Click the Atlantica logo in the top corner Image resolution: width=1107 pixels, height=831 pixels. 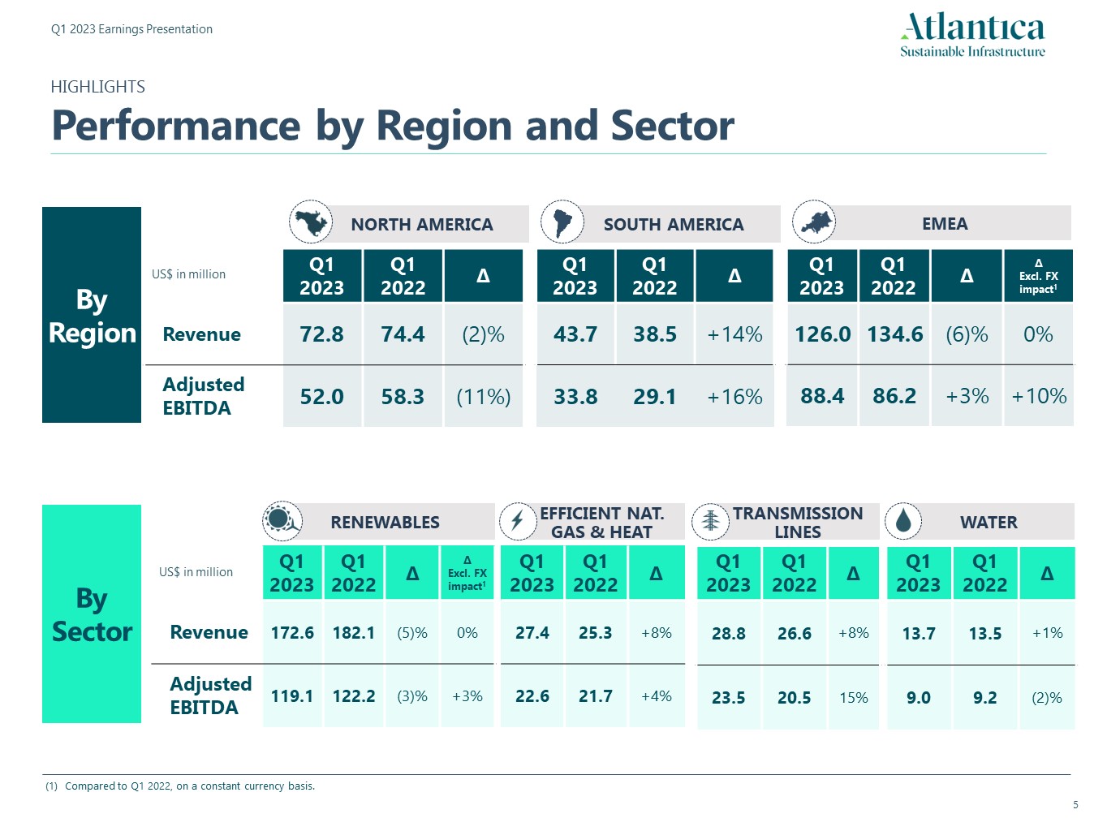click(x=972, y=35)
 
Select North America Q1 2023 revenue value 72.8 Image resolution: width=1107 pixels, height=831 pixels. click(x=322, y=334)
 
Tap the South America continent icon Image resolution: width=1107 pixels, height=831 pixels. click(x=562, y=222)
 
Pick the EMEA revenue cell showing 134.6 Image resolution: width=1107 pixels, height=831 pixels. click(x=894, y=334)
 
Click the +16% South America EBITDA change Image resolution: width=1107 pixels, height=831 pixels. click(x=734, y=397)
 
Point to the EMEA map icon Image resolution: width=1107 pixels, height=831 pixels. click(x=813, y=222)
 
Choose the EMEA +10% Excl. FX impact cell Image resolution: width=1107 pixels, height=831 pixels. click(x=1039, y=396)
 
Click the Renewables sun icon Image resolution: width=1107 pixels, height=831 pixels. click(x=282, y=520)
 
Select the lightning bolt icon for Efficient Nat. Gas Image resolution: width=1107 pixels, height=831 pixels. click(x=517, y=521)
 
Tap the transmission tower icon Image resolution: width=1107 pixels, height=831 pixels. click(x=710, y=521)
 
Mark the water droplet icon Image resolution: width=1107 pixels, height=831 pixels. click(x=903, y=521)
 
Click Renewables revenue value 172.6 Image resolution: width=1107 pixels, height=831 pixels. click(x=292, y=633)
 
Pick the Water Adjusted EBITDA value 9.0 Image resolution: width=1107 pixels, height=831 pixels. click(x=919, y=698)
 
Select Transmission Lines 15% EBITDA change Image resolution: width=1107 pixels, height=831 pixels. click(x=854, y=698)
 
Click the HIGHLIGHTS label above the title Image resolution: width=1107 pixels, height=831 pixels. click(x=97, y=87)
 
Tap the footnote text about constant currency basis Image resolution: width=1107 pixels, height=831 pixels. click(x=190, y=786)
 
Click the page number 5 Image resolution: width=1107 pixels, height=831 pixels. click(x=1075, y=805)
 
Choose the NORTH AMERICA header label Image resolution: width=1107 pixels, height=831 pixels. click(x=422, y=225)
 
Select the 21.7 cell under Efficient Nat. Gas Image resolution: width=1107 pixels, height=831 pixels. click(x=596, y=696)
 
